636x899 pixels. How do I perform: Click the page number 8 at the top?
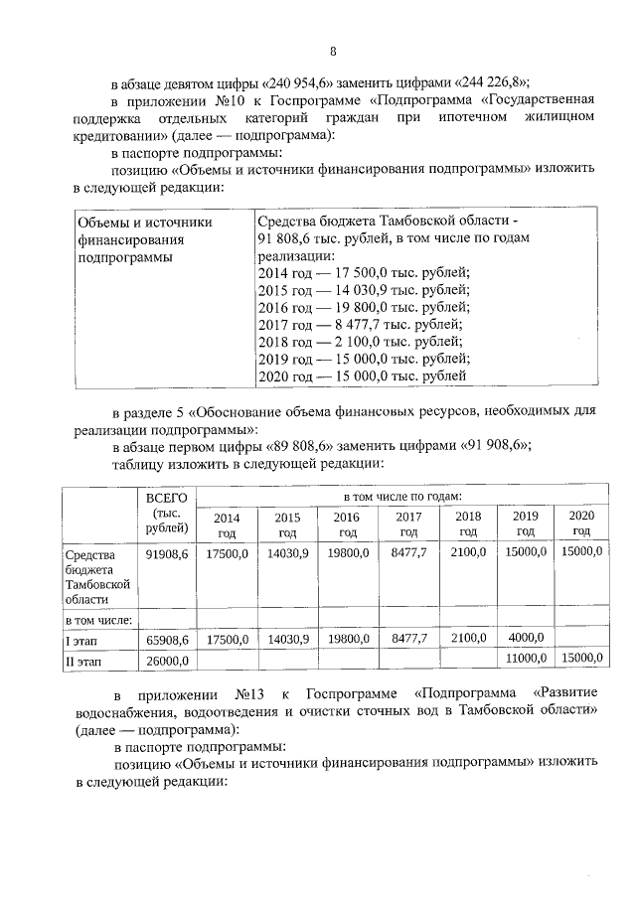(334, 52)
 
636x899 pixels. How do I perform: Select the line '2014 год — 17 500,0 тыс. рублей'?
(364, 273)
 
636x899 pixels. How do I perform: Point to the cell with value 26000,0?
(167, 660)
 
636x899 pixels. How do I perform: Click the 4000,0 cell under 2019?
(524, 638)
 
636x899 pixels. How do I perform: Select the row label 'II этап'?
(82, 660)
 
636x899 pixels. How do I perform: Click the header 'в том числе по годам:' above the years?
(401, 495)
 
